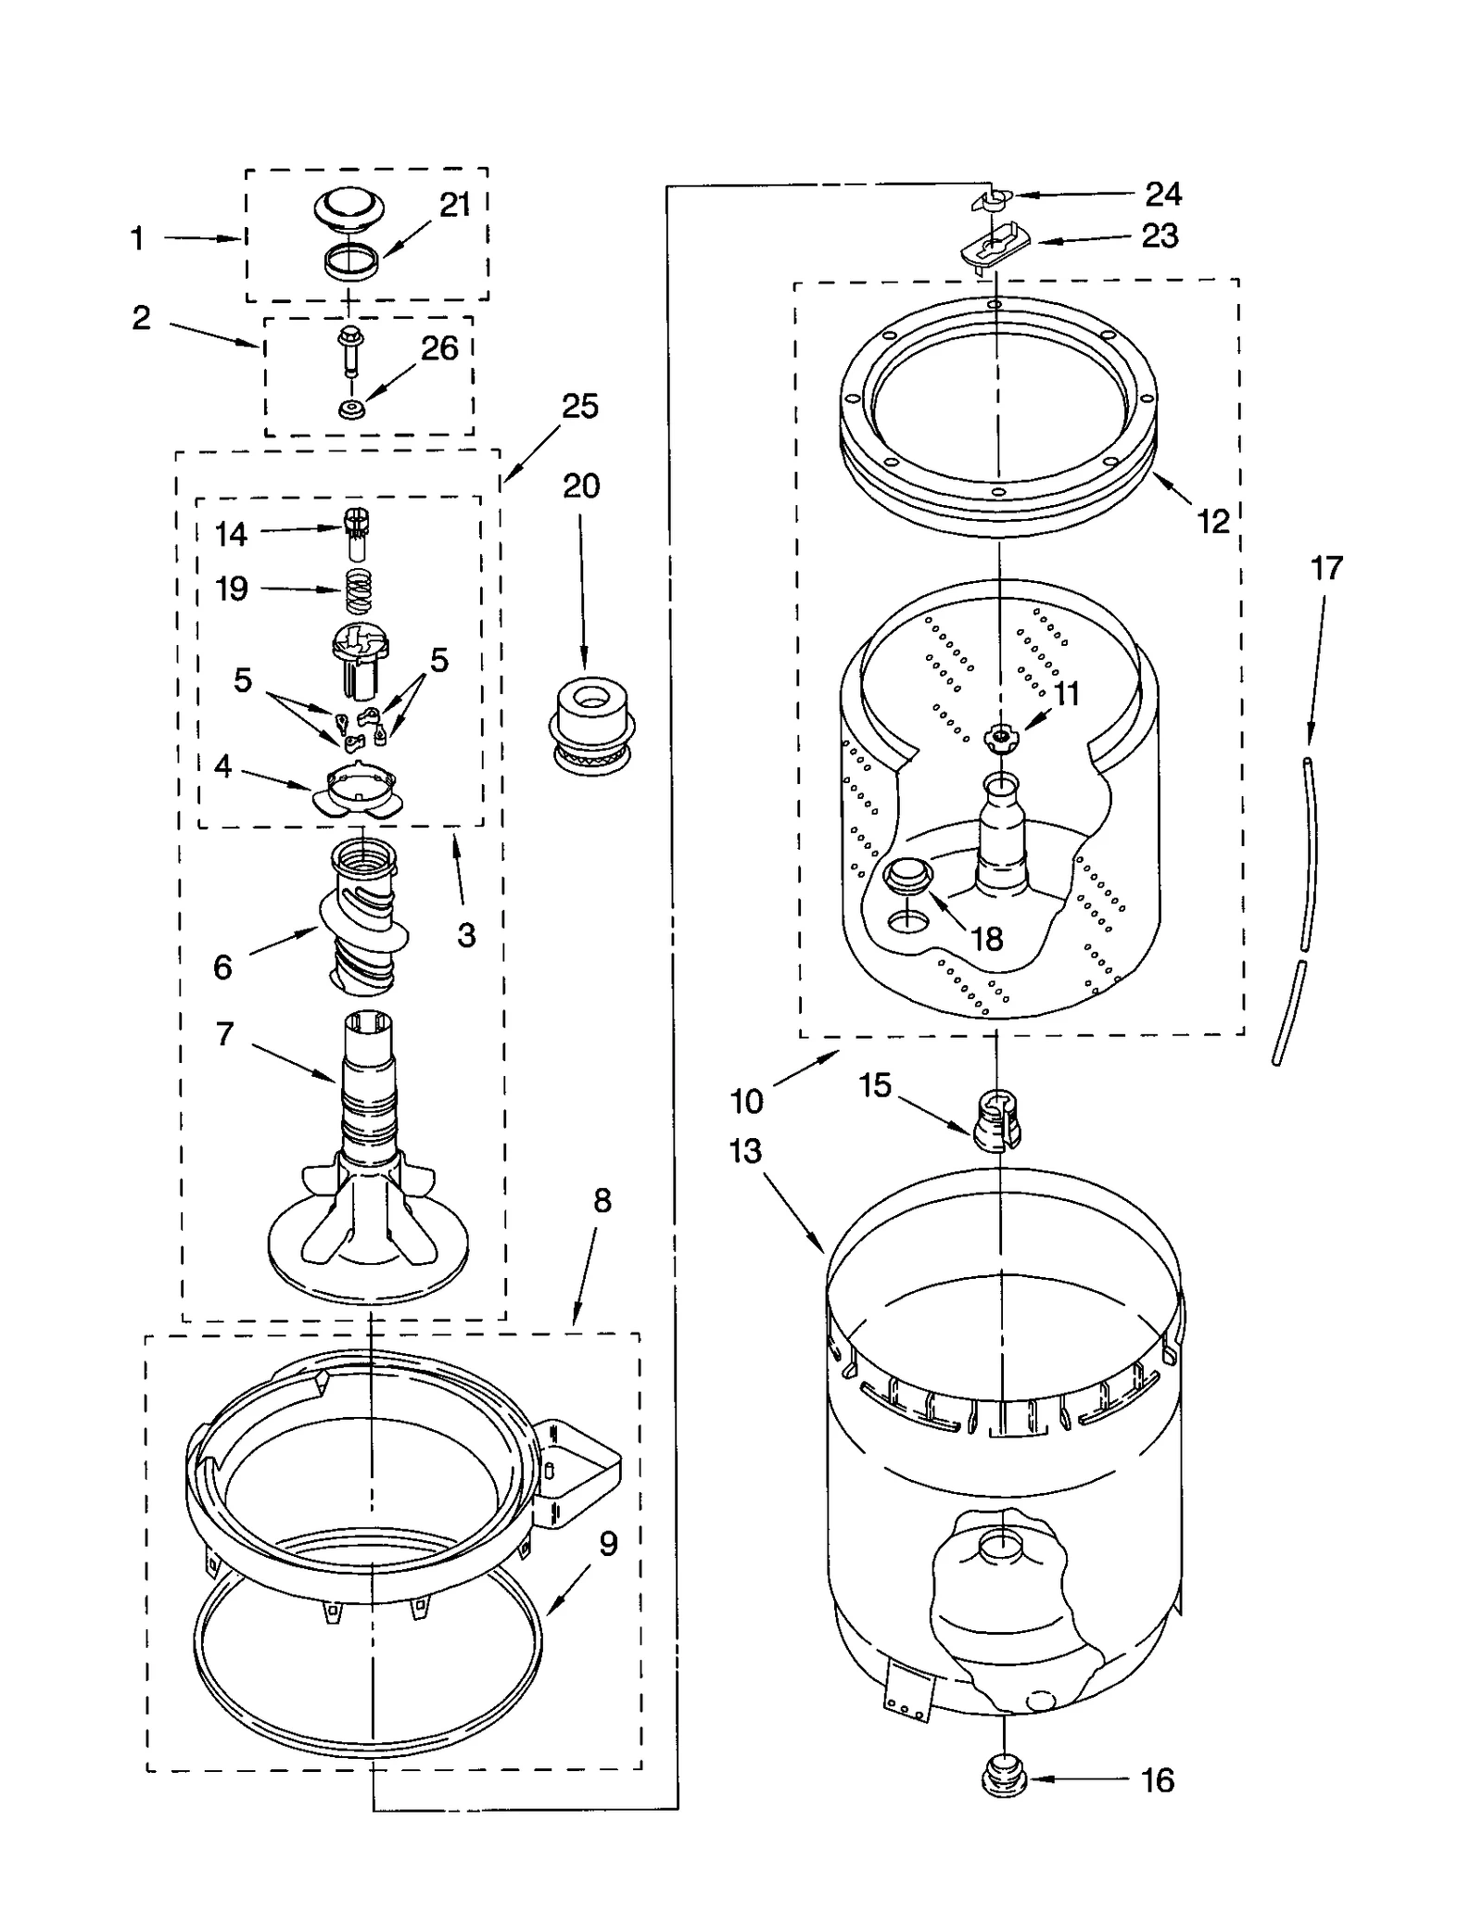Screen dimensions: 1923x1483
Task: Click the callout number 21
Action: pos(454,206)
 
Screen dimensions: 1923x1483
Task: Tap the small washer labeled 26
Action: pos(349,409)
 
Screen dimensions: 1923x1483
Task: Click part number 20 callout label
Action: pos(581,487)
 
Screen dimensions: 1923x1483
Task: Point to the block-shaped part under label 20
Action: pos(591,721)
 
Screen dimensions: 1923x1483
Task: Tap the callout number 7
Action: pos(224,1034)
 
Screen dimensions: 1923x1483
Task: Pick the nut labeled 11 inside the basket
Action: pos(1000,735)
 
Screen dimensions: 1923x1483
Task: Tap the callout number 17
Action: pos(1325,568)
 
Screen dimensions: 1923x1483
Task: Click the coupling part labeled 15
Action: pos(995,1119)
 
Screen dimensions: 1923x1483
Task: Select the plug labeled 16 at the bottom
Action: pos(1004,1778)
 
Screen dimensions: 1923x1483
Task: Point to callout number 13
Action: pos(745,1152)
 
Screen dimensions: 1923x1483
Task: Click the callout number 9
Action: pos(608,1544)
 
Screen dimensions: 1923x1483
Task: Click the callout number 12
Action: pos(1213,522)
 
